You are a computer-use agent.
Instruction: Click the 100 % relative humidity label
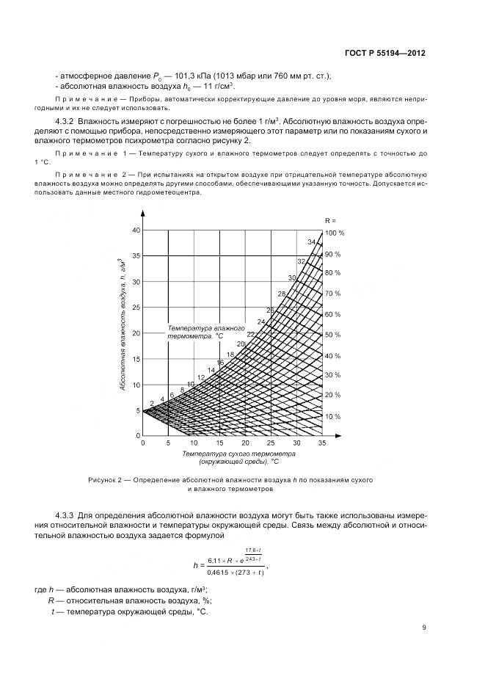pyautogui.click(x=334, y=233)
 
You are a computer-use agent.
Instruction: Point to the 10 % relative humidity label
pyautogui.click(x=333, y=416)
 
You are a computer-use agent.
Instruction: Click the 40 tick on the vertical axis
pyautogui.click(x=135, y=230)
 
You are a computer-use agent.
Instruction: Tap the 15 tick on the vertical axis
pyautogui.click(x=135, y=358)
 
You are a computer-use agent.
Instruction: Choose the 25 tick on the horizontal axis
pyautogui.click(x=271, y=443)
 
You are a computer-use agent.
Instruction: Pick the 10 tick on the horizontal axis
pyautogui.click(x=194, y=443)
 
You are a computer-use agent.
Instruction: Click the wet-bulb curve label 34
pyautogui.click(x=312, y=241)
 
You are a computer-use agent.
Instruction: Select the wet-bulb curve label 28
pyautogui.click(x=281, y=294)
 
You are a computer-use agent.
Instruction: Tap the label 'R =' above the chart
pyautogui.click(x=330, y=219)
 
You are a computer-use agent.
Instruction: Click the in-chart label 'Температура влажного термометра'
pyautogui.click(x=195, y=331)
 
